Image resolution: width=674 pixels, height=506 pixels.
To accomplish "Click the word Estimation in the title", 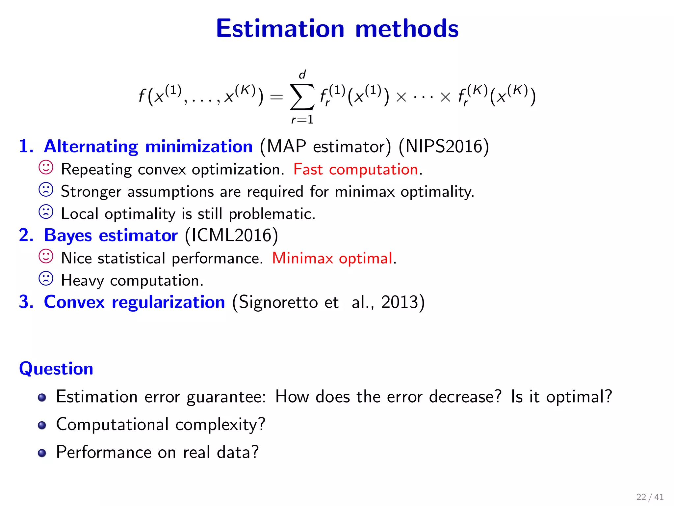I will [280, 29].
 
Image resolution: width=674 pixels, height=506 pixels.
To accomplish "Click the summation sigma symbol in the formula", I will [301, 97].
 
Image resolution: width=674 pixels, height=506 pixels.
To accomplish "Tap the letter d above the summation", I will [302, 75].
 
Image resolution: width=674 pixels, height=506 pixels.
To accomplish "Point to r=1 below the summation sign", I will [302, 119].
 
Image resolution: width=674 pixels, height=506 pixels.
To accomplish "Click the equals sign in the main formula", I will [276, 97].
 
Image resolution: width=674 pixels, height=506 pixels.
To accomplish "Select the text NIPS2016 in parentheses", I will [444, 146].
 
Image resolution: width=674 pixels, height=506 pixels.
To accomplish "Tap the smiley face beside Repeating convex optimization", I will [46, 168].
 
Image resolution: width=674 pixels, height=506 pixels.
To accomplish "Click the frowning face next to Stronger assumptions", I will [46, 190].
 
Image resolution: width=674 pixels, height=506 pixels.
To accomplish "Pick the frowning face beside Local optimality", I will [46, 212].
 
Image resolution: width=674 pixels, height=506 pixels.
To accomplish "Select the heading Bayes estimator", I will [111, 236].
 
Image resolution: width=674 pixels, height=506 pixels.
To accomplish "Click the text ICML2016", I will [231, 236].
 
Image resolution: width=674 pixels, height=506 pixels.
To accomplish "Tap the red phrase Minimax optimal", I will [332, 258].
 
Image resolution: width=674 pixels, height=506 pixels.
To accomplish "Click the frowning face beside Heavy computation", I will [46, 279].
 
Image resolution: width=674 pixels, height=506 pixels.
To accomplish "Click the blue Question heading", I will [56, 368].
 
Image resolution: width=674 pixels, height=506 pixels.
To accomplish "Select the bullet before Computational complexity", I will [42, 425].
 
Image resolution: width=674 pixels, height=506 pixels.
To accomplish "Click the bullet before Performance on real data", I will [42, 453].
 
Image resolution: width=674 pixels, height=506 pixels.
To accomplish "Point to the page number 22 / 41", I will [650, 497].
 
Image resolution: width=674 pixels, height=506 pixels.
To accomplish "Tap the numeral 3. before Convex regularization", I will [26, 302].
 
